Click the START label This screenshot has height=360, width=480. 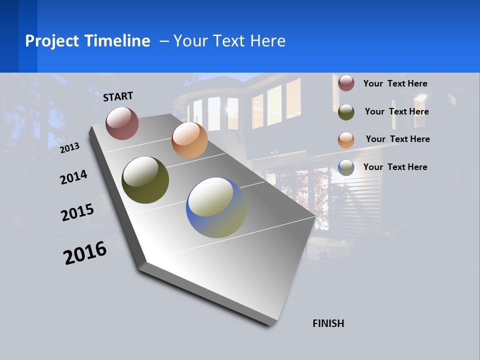point(118,96)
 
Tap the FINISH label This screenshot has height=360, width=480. point(328,323)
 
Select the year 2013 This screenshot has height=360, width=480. point(70,148)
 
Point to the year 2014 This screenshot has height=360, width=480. point(73,177)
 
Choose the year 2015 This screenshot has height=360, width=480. point(77,212)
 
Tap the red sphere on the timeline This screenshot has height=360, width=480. point(122,123)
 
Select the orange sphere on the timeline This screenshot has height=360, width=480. point(189,140)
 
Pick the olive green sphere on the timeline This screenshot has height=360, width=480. point(145,180)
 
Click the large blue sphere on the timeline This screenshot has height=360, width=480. point(216,207)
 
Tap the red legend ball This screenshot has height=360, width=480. point(346,83)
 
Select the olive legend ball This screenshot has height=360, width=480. point(346,112)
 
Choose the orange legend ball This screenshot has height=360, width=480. point(346,140)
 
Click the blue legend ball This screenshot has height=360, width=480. point(346,167)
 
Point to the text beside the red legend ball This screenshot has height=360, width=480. point(395,84)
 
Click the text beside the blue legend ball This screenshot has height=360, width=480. point(395,167)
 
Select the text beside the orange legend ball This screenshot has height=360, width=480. point(397,139)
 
